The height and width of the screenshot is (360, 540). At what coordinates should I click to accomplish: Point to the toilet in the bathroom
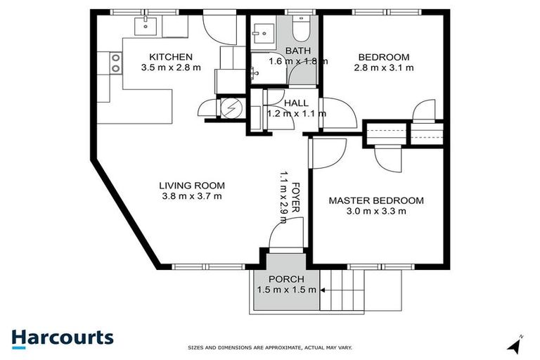coord(299,30)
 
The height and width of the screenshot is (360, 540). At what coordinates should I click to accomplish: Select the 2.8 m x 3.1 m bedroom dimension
coord(385,68)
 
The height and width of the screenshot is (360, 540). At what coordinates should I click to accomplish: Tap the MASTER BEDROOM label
coord(376,200)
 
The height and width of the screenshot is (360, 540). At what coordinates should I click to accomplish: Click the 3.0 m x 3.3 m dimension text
coord(376,212)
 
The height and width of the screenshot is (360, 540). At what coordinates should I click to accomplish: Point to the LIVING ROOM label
coord(192,186)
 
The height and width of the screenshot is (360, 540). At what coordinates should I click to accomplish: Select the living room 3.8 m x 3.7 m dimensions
coord(192,196)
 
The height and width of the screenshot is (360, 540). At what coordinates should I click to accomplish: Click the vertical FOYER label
coord(296,198)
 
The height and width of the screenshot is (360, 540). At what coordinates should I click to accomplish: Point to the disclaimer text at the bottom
coord(269,347)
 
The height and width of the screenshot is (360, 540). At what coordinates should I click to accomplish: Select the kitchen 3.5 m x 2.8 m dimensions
coord(169,68)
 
